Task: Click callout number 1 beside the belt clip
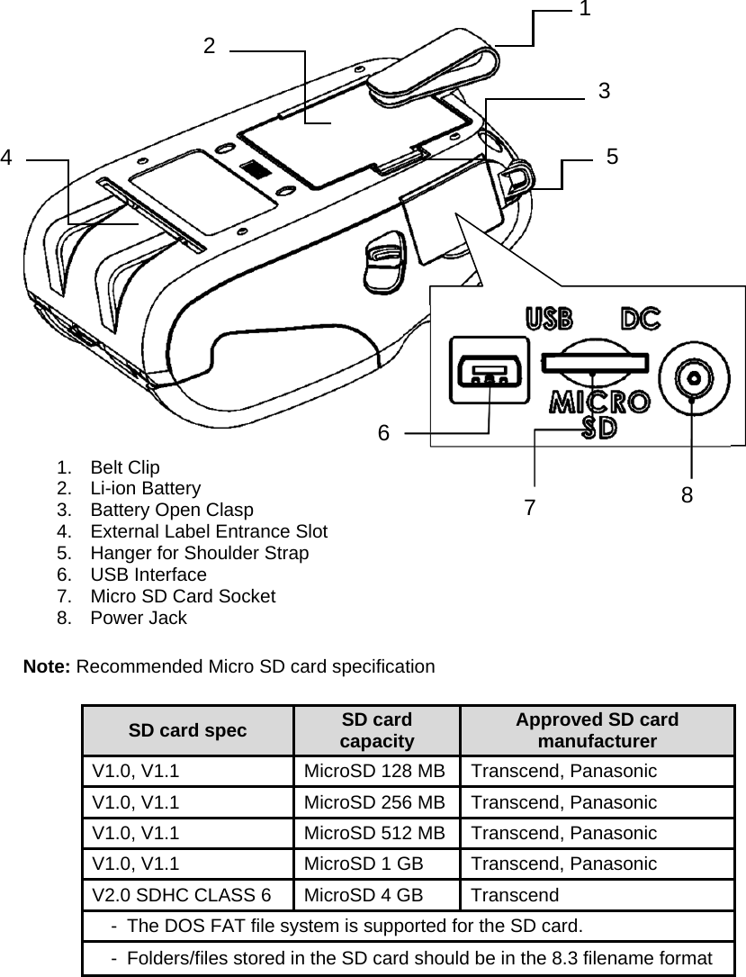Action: (x=585, y=10)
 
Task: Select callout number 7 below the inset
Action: (x=530, y=507)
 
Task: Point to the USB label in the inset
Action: (x=549, y=320)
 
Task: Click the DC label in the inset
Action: (x=641, y=320)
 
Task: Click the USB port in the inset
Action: (x=489, y=371)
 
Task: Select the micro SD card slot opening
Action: (x=593, y=362)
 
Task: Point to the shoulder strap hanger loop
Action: (x=518, y=176)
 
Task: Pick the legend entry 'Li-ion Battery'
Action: (x=145, y=489)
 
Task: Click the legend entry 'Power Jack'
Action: (x=139, y=618)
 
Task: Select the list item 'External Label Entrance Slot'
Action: (x=208, y=531)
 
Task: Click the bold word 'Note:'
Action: (x=48, y=667)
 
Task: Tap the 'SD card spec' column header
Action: (x=187, y=730)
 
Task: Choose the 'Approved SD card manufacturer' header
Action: (x=597, y=730)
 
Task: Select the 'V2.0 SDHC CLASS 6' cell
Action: (x=180, y=895)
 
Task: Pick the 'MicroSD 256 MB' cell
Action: (x=373, y=802)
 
